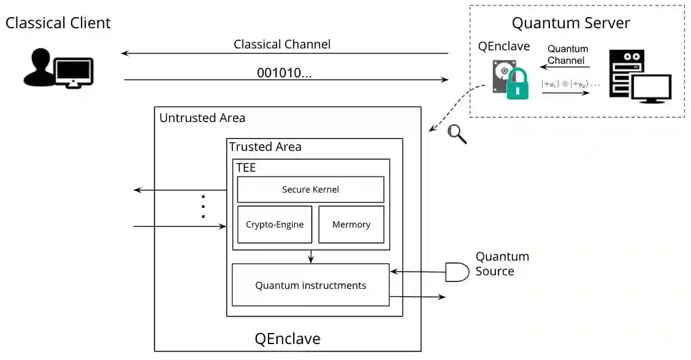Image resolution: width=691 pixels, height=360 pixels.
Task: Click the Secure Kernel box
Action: pyautogui.click(x=310, y=190)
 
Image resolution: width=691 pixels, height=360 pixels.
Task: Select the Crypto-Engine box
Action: pyautogui.click(x=275, y=224)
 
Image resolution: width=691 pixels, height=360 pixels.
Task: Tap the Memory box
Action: pyautogui.click(x=351, y=224)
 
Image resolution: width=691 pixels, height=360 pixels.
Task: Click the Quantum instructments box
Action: pyautogui.click(x=310, y=285)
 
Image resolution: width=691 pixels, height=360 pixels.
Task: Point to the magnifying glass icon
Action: pyautogui.click(x=456, y=133)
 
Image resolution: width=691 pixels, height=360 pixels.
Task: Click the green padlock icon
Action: pyautogui.click(x=517, y=85)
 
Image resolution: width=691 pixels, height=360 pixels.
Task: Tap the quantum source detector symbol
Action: pyautogui.click(x=457, y=272)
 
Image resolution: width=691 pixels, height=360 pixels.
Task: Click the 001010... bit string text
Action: pyautogui.click(x=284, y=73)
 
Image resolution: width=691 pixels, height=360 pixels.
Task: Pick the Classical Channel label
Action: pyautogui.click(x=282, y=44)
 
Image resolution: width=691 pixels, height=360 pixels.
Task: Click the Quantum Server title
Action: pyautogui.click(x=570, y=23)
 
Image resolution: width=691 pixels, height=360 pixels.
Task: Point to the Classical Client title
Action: pyautogui.click(x=58, y=23)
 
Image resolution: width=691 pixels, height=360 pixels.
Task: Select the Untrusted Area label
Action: pyautogui.click(x=202, y=118)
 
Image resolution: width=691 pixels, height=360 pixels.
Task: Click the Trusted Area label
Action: pyautogui.click(x=265, y=147)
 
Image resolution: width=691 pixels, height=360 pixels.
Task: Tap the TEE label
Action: pyautogui.click(x=246, y=167)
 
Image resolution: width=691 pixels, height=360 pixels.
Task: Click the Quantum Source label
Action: pyautogui.click(x=502, y=264)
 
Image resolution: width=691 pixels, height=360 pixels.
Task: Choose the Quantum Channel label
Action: pyautogui.click(x=567, y=55)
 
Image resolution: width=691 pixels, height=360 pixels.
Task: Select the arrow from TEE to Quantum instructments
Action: pyautogui.click(x=311, y=256)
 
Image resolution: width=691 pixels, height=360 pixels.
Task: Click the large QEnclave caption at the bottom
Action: pyautogui.click(x=288, y=339)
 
